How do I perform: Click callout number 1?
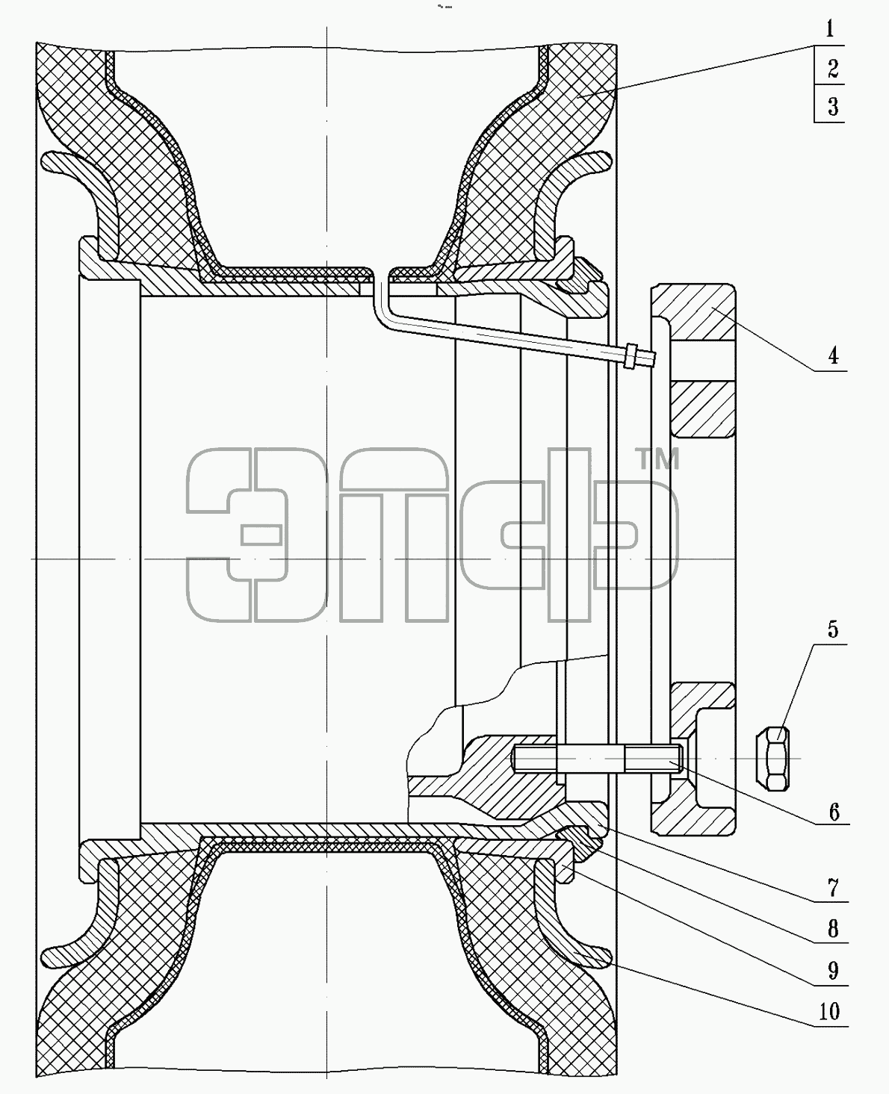tap(829, 29)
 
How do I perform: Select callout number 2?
tap(833, 69)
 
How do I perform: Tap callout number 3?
tap(833, 107)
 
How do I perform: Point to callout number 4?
tap(833, 355)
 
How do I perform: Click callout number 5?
tap(833, 630)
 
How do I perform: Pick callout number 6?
tap(834, 812)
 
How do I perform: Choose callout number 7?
tap(833, 888)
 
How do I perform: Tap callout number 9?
tap(833, 971)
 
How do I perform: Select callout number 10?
tap(829, 1012)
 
